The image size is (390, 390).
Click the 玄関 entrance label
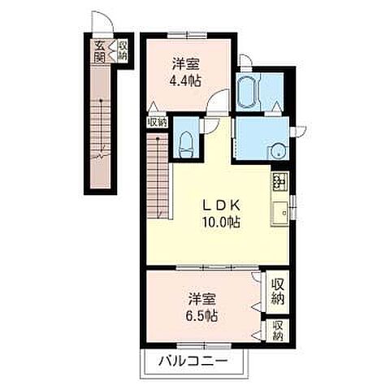coord(99,51)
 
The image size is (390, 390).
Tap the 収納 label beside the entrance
coord(123,50)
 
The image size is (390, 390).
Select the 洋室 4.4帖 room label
coord(186,72)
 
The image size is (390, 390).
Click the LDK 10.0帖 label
coord(221,214)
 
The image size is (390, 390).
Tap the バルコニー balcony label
coord(193,361)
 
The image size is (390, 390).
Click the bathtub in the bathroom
coord(248,93)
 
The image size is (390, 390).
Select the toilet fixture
coord(187,145)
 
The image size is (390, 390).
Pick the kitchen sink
coord(280,212)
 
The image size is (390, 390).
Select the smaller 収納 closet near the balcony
coord(278,331)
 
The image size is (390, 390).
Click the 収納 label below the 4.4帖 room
coord(157,123)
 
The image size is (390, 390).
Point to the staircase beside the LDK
coord(158,175)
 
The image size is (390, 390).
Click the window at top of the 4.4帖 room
coord(187,36)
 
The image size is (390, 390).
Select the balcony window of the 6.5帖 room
coord(204,346)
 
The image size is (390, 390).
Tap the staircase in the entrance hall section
coord(101,128)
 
